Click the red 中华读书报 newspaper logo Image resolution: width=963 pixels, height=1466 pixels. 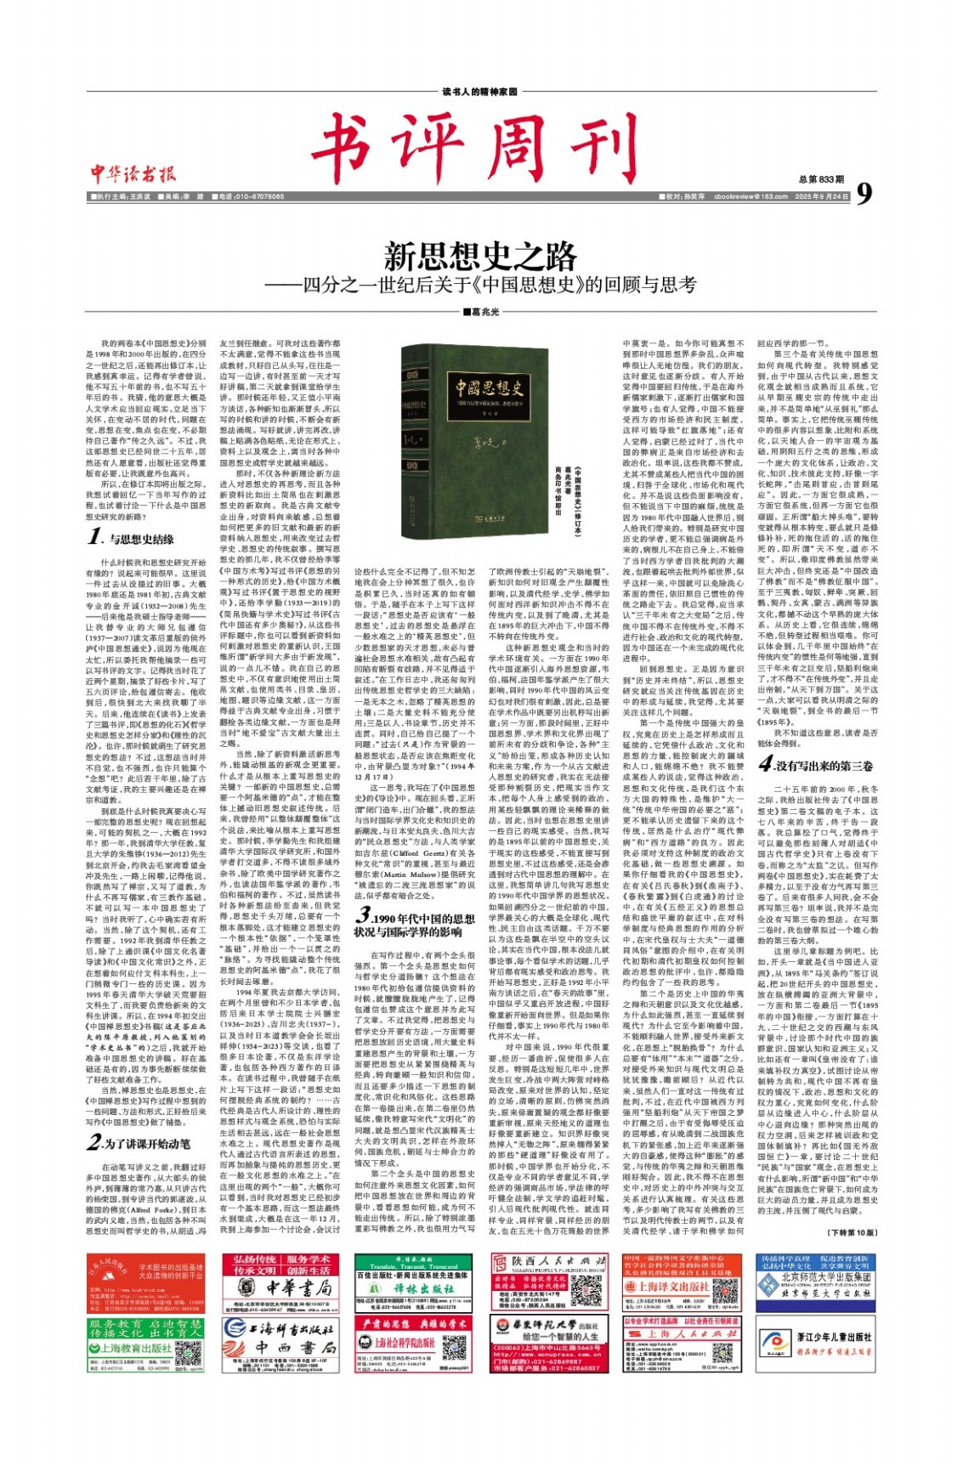(133, 174)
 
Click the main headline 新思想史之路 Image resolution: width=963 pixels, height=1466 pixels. (480, 256)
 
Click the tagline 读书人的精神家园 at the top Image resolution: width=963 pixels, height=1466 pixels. (480, 92)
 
